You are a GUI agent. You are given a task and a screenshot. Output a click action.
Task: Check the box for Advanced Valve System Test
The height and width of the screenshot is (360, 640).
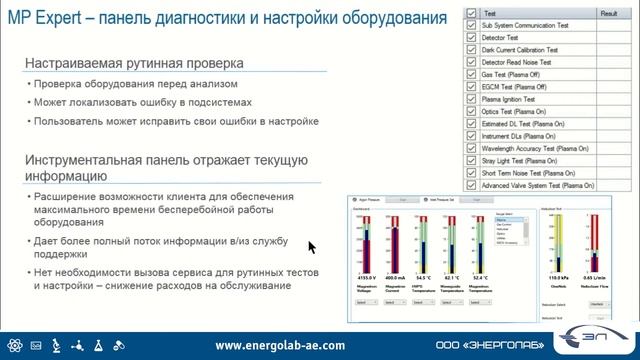pyautogui.click(x=473, y=187)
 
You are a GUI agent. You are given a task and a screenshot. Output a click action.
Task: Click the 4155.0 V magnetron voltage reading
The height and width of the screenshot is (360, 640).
pyautogui.click(x=364, y=276)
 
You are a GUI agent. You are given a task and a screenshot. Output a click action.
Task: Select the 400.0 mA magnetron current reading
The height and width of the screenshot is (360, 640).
pyautogui.click(x=394, y=276)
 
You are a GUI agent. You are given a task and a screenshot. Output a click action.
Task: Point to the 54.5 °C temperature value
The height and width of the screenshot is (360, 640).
pyautogui.click(x=422, y=276)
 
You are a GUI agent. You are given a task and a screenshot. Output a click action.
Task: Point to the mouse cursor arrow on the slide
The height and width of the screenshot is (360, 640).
pyautogui.click(x=312, y=246)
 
